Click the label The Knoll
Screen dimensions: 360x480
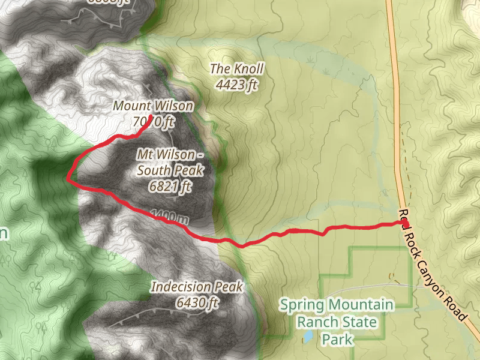click(236, 69)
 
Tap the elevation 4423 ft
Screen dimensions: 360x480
click(236, 85)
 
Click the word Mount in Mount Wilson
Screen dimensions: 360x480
click(131, 106)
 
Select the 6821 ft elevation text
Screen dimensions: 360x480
click(170, 186)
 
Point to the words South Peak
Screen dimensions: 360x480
click(170, 170)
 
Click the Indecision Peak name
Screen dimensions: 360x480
click(197, 287)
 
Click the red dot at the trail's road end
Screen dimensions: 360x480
click(406, 223)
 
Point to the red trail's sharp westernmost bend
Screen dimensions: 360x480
click(68, 178)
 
